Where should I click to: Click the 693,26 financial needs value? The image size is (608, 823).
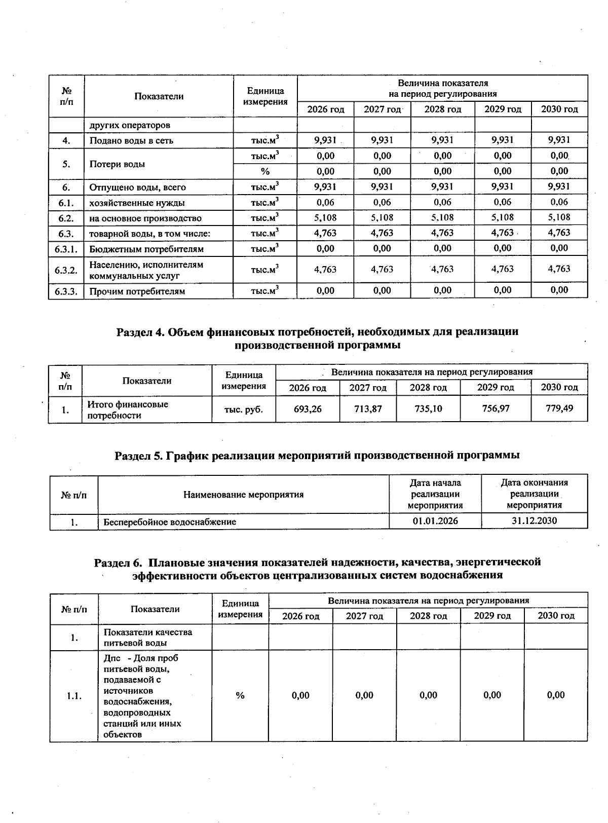[x=308, y=408]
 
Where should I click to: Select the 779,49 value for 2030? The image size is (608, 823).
[x=559, y=408]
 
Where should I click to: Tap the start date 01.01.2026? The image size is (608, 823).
[x=435, y=521]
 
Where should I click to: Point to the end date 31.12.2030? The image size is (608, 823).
[x=534, y=521]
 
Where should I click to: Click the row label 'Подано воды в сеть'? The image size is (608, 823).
[x=131, y=140]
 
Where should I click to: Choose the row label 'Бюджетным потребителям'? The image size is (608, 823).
[x=146, y=249]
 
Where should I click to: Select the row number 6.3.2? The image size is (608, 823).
[x=66, y=270]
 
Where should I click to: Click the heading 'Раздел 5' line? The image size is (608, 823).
[x=317, y=455]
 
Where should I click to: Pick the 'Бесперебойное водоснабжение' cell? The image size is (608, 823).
[x=170, y=521]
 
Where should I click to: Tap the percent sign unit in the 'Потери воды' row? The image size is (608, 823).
[x=265, y=171]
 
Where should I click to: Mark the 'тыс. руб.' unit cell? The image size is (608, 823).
[x=244, y=409]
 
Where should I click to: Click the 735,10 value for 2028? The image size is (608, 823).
[x=428, y=408]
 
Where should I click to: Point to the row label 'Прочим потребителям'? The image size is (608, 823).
[x=137, y=291]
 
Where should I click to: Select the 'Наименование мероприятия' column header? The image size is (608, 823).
[x=243, y=494]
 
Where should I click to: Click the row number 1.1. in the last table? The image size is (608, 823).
[x=74, y=696]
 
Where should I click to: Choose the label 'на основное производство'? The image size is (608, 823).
[x=145, y=218]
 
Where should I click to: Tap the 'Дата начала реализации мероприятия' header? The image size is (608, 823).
[x=435, y=494]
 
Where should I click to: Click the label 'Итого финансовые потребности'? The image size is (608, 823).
[x=128, y=409]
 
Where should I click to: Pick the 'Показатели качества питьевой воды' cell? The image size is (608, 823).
[x=148, y=637]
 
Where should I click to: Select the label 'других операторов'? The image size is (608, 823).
[x=130, y=125]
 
